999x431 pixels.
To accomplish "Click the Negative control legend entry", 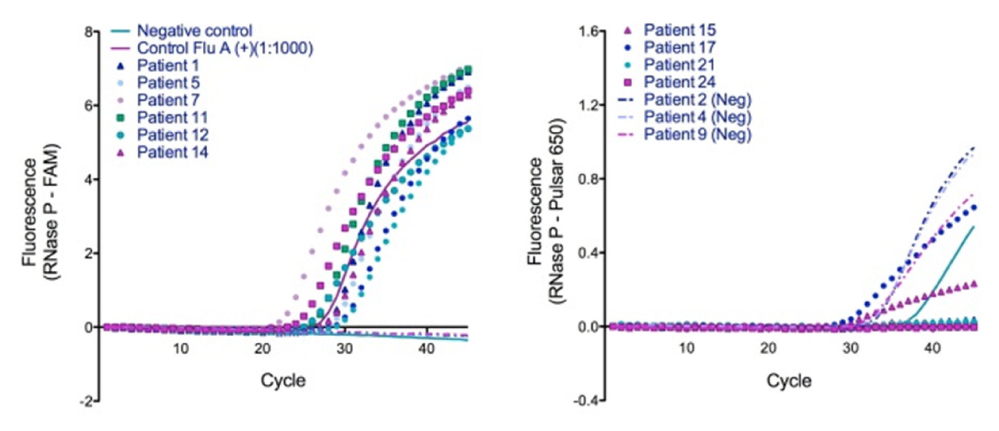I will (194, 31).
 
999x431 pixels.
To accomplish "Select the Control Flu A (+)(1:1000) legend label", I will (225, 48).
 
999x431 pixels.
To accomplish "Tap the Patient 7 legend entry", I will (168, 100).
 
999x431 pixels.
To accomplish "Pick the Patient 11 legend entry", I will (172, 118).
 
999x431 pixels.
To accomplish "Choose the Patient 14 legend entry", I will (172, 152).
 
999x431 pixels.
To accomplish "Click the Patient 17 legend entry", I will (679, 48).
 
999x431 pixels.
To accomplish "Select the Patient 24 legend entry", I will (679, 82).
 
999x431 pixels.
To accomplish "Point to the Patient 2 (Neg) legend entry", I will (697, 100).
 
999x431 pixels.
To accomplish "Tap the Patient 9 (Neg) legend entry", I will (697, 134).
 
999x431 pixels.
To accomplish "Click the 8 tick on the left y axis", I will (89, 32).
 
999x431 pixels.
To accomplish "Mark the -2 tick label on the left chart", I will (87, 401).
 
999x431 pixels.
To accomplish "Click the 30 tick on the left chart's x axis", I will (345, 349).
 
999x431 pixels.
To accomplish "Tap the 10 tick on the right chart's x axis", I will (687, 348).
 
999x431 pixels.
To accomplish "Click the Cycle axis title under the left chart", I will (283, 381).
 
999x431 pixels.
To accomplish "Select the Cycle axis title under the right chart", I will (789, 381).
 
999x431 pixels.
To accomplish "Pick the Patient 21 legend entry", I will (679, 65).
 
